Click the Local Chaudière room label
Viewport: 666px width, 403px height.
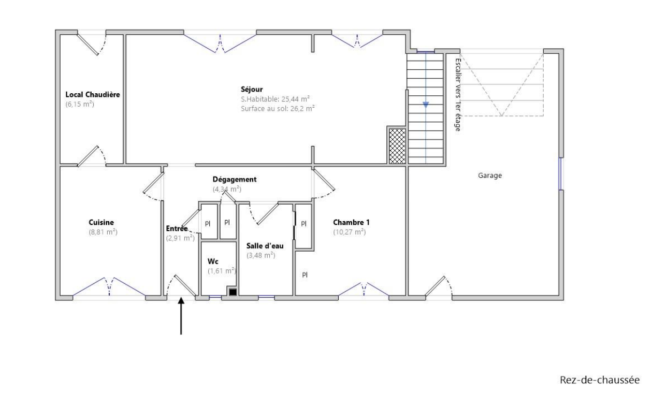[93, 95]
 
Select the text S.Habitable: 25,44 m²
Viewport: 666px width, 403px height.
[275, 99]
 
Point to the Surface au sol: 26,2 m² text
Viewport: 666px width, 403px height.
[278, 109]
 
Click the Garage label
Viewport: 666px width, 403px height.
[489, 176]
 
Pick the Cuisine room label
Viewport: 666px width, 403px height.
[101, 223]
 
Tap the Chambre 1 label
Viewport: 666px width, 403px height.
[351, 222]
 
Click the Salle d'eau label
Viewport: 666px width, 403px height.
[265, 246]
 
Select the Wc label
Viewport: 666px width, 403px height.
[213, 262]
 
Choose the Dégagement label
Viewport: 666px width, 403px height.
[235, 179]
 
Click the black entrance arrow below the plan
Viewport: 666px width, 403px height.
[181, 316]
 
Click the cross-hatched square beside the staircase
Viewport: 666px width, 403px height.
[397, 146]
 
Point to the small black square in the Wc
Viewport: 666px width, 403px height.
[233, 292]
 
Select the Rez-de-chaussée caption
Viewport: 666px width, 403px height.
[600, 380]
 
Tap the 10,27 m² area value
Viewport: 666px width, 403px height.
[350, 232]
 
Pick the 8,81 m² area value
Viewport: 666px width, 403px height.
[103, 232]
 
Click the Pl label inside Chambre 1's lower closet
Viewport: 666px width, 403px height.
[305, 275]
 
